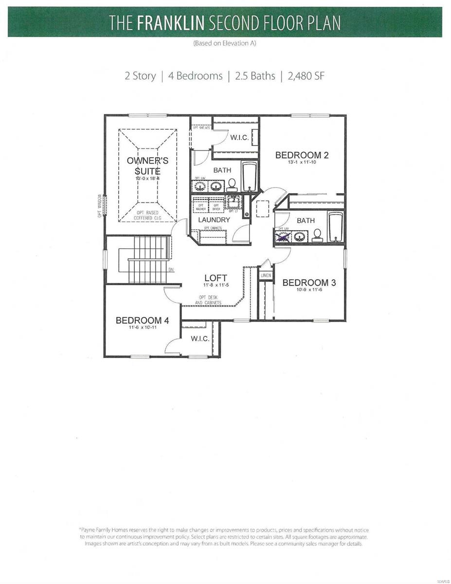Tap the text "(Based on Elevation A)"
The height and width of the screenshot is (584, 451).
click(225, 43)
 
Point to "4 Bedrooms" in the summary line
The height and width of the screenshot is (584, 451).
click(195, 76)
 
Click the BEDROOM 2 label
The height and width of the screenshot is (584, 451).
click(302, 155)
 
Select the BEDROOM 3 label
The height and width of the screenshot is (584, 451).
click(309, 283)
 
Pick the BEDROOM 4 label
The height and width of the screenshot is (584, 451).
click(142, 320)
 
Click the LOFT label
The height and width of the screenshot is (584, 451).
click(216, 278)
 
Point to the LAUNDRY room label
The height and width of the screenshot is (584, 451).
click(214, 220)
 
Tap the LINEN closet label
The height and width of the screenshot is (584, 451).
click(266, 275)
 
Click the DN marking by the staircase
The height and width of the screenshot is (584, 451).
click(171, 269)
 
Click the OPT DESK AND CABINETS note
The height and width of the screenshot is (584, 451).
click(208, 300)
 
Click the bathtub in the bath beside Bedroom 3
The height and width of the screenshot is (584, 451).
click(336, 226)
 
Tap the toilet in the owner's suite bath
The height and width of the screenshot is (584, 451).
click(232, 184)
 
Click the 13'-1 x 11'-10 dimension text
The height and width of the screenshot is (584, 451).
click(302, 163)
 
